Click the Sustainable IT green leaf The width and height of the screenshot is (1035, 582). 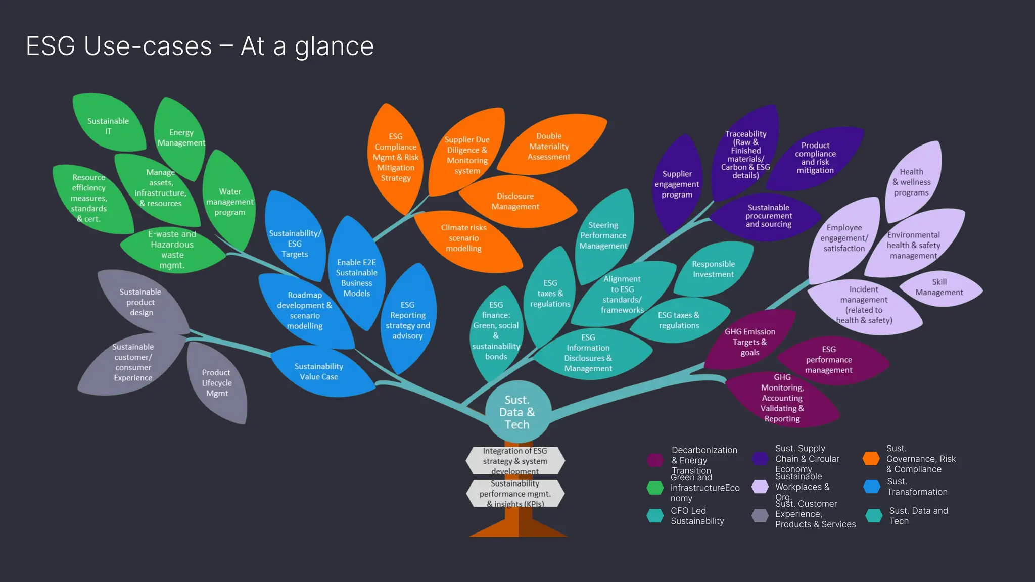[108, 125]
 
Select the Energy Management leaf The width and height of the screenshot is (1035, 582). [180, 137]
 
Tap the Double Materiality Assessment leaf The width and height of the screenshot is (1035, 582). [549, 146]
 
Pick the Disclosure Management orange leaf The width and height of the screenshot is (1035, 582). [515, 201]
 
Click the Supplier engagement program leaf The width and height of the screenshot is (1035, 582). [677, 184]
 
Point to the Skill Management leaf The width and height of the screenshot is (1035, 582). [939, 287]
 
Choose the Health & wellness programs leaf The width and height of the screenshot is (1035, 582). [911, 182]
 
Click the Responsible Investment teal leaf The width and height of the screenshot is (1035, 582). [713, 269]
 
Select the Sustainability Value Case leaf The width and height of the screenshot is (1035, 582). [319, 371]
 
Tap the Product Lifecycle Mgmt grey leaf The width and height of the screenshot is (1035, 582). [217, 383]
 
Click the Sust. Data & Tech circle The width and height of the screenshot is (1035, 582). [517, 412]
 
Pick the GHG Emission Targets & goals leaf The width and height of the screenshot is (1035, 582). [749, 342]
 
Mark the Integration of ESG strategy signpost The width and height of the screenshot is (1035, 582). [515, 460]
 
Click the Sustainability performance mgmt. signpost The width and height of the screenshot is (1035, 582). [515, 493]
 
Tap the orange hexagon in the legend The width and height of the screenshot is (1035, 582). [871, 458]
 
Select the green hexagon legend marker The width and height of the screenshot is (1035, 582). [655, 488]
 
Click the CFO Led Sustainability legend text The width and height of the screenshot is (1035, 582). [697, 516]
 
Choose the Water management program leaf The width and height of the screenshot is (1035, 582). [229, 202]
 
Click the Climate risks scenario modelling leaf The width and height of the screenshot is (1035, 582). [463, 238]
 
